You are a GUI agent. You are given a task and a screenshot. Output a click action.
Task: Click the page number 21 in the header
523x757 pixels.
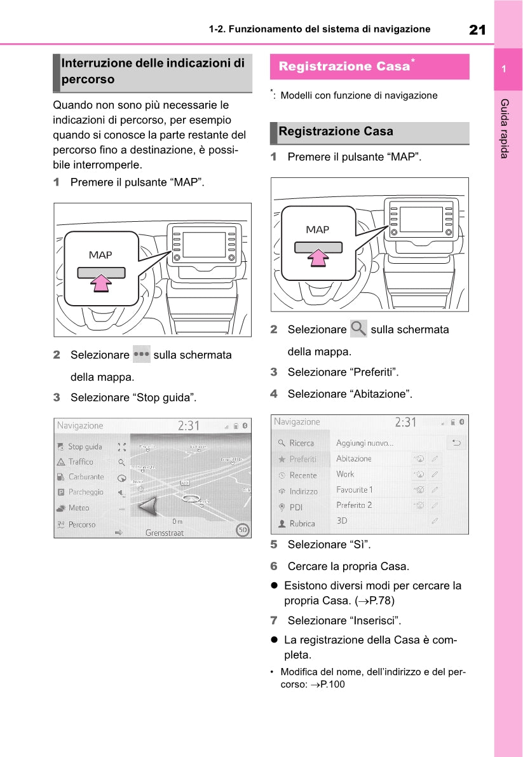coord(477,29)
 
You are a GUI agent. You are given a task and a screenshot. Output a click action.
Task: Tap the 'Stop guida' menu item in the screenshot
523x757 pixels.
coord(85,447)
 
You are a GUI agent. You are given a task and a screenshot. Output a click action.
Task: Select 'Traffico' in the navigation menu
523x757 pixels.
coord(81,462)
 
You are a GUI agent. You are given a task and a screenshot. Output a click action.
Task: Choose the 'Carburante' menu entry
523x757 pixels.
coord(86,477)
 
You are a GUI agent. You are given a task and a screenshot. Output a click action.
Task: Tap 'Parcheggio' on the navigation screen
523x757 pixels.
coord(86,492)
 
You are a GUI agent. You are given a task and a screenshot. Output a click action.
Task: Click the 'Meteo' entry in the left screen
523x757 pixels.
coord(79,508)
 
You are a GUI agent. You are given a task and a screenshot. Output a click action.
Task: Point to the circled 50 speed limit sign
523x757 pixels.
coord(241,529)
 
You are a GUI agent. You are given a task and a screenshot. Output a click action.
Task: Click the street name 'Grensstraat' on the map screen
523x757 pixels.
coord(165,533)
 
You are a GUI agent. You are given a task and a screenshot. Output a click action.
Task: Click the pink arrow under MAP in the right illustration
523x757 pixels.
coord(318,256)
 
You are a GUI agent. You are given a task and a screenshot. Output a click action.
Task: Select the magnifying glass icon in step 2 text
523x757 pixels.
coord(358,329)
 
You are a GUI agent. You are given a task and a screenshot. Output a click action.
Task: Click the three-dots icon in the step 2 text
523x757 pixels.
coord(142,354)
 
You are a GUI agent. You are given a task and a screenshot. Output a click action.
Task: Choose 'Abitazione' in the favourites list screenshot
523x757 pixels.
coord(354,458)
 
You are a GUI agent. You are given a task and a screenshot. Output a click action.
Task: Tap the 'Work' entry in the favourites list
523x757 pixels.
coord(346,474)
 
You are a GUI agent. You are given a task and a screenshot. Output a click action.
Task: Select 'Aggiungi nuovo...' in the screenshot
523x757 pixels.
coord(365,443)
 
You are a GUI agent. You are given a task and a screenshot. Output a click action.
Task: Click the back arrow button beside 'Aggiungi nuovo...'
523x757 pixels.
coord(456,443)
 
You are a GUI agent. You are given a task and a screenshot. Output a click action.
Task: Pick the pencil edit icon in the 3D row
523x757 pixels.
coord(435,521)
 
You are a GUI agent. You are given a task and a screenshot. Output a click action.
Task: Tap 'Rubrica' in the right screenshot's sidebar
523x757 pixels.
coord(302,524)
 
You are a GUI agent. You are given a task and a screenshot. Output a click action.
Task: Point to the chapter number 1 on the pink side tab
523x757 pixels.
coord(503,69)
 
